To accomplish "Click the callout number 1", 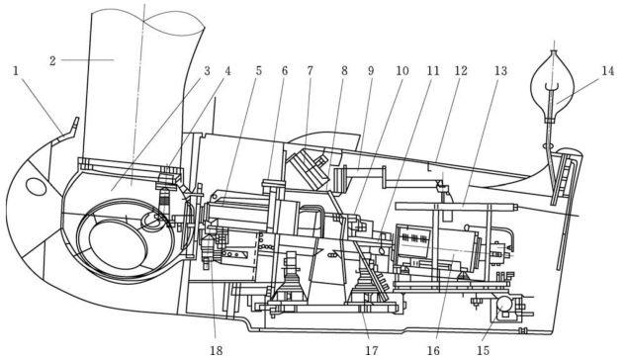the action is click(x=16, y=71).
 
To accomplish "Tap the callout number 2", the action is click(x=52, y=61).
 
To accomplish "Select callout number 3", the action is click(x=207, y=71).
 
